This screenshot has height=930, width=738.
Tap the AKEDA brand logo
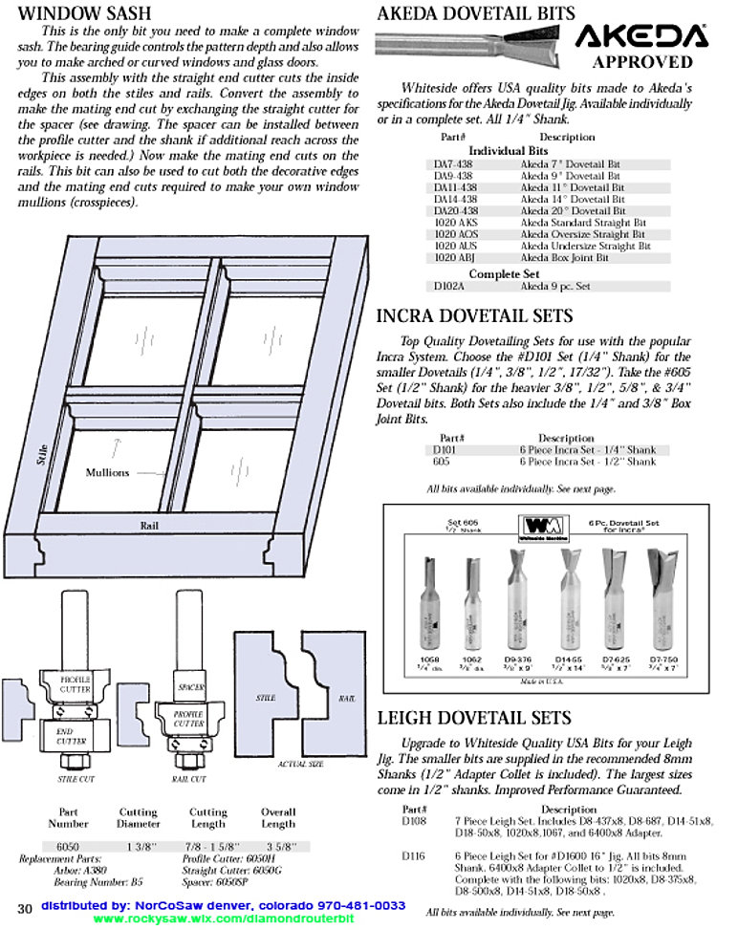click(x=641, y=35)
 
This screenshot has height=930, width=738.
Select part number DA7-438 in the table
click(x=453, y=164)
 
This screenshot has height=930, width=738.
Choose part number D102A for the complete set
click(x=448, y=286)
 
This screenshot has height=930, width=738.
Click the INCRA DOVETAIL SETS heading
click(x=475, y=316)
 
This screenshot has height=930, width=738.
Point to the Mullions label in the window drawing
click(x=107, y=472)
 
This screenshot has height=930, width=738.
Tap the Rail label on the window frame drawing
click(x=148, y=525)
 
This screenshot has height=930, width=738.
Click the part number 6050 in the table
click(x=68, y=846)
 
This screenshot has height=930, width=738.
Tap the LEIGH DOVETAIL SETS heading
click(x=474, y=718)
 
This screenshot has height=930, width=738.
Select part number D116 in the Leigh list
click(x=414, y=855)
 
